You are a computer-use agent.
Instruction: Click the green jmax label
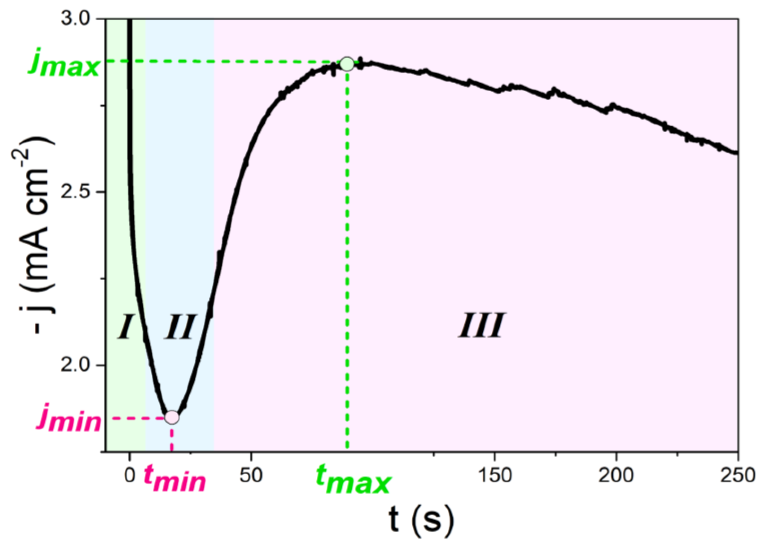click(x=63, y=65)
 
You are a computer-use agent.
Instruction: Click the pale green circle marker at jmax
click(x=347, y=63)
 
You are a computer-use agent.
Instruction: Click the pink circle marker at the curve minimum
click(x=172, y=417)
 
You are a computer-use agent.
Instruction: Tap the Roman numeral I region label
click(x=125, y=326)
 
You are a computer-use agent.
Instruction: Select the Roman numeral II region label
click(x=180, y=326)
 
